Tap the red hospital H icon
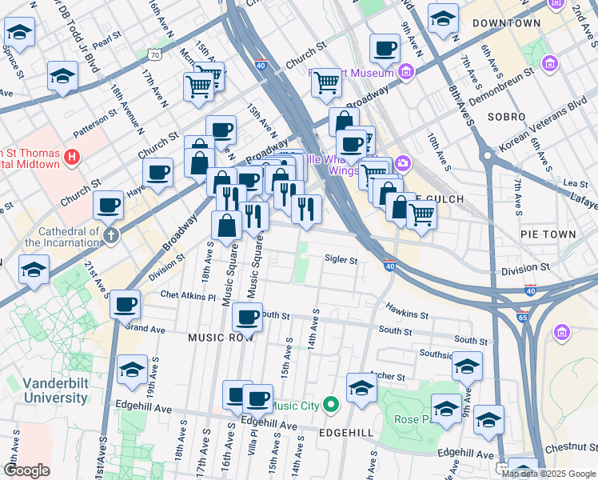[x=73, y=157]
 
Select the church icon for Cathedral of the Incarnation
[x=110, y=235]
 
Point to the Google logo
[x=26, y=470]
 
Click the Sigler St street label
[x=340, y=259]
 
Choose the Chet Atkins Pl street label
[x=188, y=296]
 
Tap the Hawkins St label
[x=402, y=307]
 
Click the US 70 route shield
[x=153, y=55]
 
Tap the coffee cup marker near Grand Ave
[x=125, y=306]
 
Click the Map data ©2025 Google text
[x=548, y=473]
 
